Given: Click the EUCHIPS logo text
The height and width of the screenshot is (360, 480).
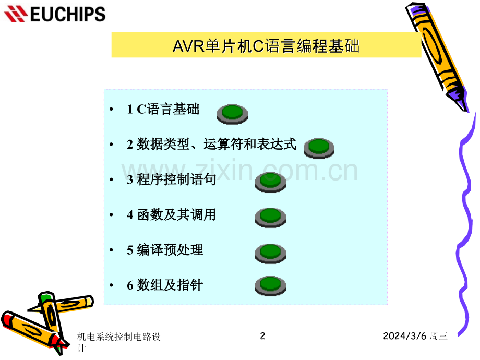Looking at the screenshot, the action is tap(68, 14).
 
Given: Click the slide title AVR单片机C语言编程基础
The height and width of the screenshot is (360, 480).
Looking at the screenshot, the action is tap(266, 46).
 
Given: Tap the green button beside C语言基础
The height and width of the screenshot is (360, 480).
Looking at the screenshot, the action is tap(232, 114).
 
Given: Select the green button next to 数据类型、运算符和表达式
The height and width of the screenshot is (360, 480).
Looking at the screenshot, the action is tap(319, 148).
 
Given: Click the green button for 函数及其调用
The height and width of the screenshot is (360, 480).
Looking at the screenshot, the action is tap(270, 218).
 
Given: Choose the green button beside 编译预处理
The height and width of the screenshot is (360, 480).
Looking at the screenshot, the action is tap(270, 253).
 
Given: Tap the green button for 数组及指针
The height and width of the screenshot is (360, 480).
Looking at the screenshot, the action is tap(270, 286).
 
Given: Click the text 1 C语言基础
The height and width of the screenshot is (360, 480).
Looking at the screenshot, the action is tap(163, 109).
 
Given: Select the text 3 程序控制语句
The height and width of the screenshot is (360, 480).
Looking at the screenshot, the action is tap(172, 179).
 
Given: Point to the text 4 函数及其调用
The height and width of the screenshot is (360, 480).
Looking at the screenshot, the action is tap(172, 214).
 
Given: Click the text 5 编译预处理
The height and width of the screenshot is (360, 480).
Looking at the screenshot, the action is tap(165, 250).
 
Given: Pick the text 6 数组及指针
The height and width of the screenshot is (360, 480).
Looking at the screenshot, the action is tap(165, 285).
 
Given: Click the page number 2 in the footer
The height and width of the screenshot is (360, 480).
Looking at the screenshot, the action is tap(262, 336).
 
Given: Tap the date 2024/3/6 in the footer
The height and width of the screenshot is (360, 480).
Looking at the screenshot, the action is tap(405, 336).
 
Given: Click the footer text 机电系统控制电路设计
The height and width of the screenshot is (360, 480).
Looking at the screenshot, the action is tap(119, 342).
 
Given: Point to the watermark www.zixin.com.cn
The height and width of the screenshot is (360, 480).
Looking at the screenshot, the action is tap(239, 170).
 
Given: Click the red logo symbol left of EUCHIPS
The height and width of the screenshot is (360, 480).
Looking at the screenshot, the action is tap(16, 14).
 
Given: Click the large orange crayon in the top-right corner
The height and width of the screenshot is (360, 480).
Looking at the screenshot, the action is tap(437, 57).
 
